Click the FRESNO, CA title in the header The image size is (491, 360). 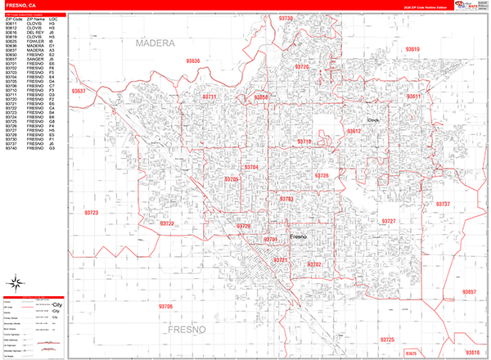point(20,6)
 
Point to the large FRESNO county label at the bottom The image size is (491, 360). point(191,331)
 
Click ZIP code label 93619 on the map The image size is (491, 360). point(412,50)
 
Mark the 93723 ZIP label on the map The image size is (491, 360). point(91,213)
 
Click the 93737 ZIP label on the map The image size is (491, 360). point(443,204)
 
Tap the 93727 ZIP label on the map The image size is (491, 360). point(389,222)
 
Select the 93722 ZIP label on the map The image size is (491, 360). point(167,223)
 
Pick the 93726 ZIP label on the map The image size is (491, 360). point(322,176)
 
